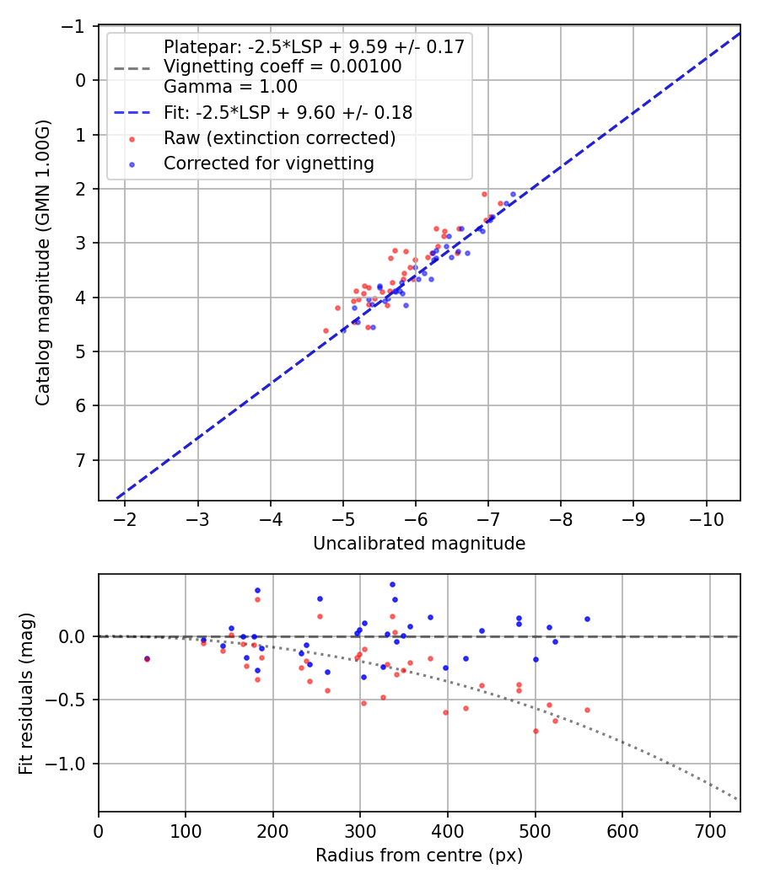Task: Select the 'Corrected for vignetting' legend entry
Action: (268, 164)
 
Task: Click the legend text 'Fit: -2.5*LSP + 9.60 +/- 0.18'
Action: (288, 111)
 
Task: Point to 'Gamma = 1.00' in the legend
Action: (230, 86)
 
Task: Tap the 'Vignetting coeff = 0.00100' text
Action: (283, 67)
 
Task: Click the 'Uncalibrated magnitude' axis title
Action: (419, 544)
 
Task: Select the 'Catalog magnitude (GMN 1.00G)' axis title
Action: (43, 263)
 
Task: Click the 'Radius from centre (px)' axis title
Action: (419, 855)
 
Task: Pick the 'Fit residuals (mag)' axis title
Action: (26, 693)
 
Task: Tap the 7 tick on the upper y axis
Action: (80, 460)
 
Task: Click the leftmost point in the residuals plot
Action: (147, 658)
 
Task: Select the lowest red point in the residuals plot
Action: (536, 731)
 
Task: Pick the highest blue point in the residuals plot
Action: (392, 584)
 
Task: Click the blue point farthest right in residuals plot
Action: (587, 619)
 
